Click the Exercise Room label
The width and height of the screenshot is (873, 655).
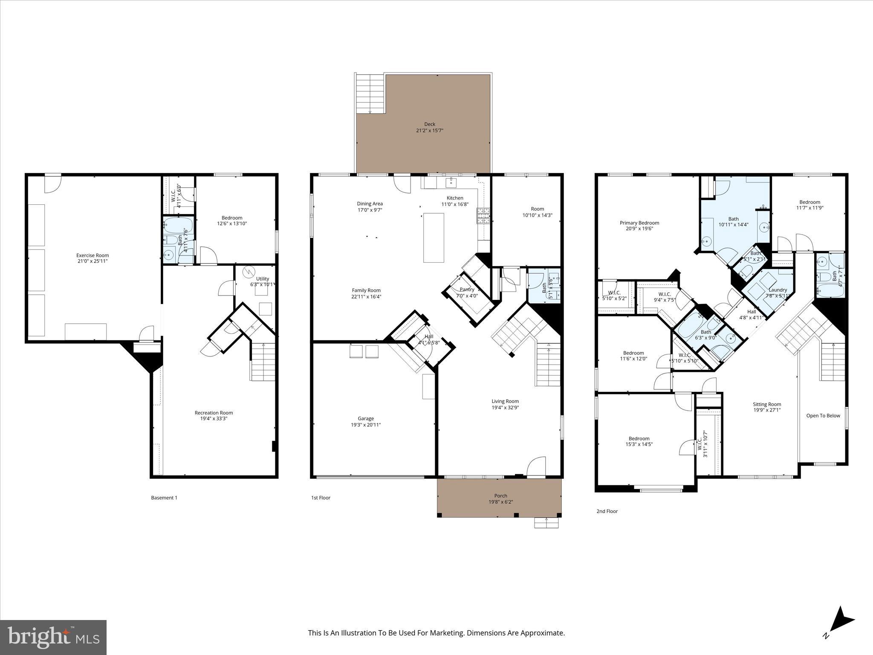coord(93,255)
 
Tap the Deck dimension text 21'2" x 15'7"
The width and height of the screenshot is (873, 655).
coord(429,130)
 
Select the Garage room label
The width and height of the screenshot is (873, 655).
coord(366,418)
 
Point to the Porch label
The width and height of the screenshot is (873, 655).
coord(500,496)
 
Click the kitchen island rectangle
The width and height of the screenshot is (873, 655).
coord(434,238)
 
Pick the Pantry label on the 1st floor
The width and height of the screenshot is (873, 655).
coord(467,290)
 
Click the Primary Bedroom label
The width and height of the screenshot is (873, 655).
coord(639,223)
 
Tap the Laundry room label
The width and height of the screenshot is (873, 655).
coord(778,290)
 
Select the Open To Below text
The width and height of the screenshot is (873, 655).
coord(823,415)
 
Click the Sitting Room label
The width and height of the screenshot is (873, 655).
coord(766,404)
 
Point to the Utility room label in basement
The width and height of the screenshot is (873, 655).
coord(263,279)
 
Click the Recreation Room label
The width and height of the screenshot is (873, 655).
coord(214,412)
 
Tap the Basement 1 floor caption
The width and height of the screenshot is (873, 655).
coord(164,498)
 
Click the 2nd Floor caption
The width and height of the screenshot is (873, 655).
coord(607,511)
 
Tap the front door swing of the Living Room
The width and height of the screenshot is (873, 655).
coord(536,467)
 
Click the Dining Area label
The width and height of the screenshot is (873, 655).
coord(370,203)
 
